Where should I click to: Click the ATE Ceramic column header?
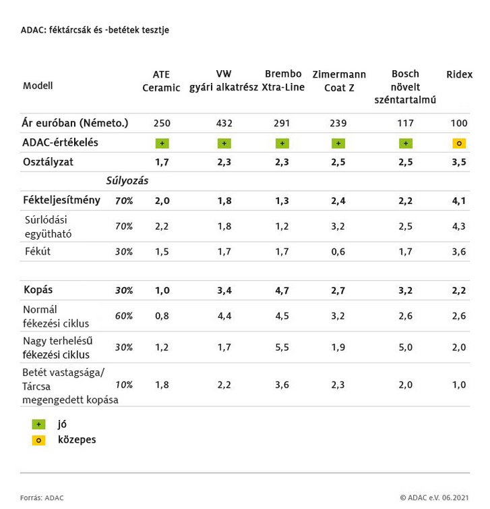(x=161, y=81)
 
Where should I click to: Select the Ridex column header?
(x=460, y=74)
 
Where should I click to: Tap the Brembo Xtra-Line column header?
(x=283, y=81)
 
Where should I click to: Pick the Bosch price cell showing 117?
(x=404, y=124)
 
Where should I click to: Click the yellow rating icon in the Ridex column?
(x=460, y=143)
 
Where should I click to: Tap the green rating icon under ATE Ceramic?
(x=161, y=143)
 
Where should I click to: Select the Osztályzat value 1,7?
(x=161, y=163)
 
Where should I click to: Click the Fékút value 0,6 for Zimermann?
(x=338, y=252)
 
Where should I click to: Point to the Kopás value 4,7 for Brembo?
(x=282, y=290)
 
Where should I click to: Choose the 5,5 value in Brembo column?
(x=282, y=347)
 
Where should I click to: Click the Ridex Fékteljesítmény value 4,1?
(x=459, y=200)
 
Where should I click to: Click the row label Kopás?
(x=38, y=290)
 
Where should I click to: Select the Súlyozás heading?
(x=127, y=181)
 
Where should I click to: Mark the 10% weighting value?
(x=123, y=385)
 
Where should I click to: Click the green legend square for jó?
(x=39, y=425)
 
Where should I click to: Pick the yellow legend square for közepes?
(x=39, y=440)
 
